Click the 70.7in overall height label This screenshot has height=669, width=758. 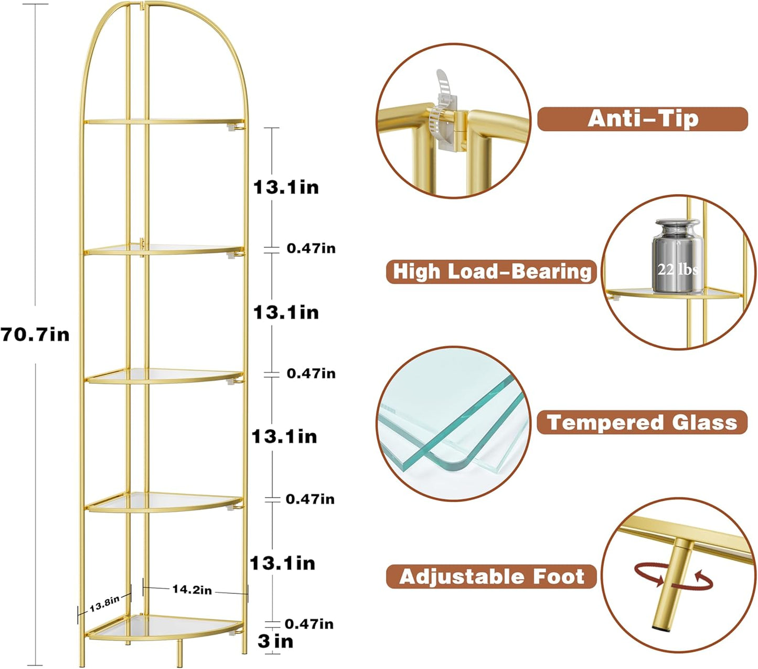click(x=35, y=334)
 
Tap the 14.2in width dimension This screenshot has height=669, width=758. click(x=192, y=590)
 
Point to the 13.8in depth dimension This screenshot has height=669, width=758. click(x=104, y=604)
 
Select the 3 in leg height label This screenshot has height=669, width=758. click(x=275, y=641)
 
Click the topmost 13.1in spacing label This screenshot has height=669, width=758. click(x=286, y=187)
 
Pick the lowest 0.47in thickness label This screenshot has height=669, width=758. click(x=309, y=624)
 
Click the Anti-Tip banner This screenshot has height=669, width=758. click(x=642, y=119)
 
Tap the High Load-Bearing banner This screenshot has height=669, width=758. click(x=492, y=271)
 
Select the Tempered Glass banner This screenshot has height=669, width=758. click(x=642, y=422)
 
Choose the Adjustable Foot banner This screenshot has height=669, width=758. click(x=492, y=577)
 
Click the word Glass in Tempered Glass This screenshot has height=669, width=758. click(x=705, y=422)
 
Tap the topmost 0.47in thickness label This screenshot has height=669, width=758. click(x=311, y=248)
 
